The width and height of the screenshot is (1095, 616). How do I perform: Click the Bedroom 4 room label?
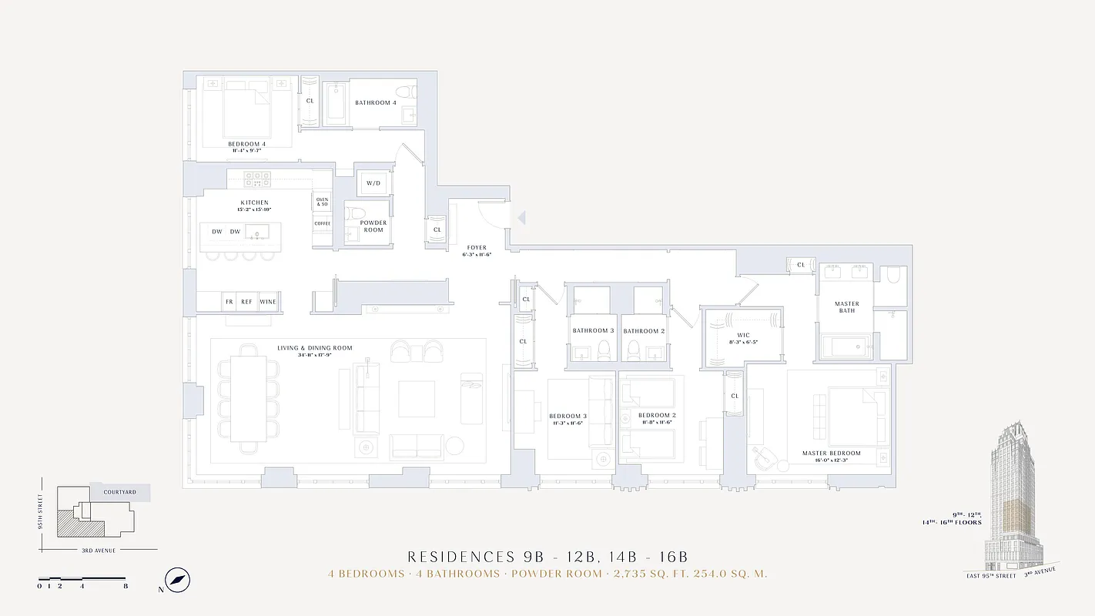pos(247,144)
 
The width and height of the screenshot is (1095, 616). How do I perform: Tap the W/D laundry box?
pos(373,183)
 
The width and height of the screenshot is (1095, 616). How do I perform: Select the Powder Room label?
pos(373,226)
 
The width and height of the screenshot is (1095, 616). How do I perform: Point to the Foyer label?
pos(477,248)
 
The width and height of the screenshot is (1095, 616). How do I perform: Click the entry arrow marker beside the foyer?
pos(521,219)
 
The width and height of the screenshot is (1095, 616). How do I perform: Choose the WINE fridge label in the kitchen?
pos(268,302)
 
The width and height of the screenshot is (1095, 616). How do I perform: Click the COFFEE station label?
pos(322,223)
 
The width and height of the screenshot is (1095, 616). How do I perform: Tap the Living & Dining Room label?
pos(315,348)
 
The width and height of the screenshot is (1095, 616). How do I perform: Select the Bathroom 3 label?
pos(593,331)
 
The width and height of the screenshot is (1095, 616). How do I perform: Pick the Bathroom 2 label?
pos(644,331)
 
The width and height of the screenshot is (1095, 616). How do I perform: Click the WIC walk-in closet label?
pos(743,335)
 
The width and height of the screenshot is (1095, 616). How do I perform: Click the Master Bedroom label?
pos(832,454)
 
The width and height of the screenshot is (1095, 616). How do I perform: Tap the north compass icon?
pos(178,581)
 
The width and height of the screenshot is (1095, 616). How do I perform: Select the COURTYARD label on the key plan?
pos(120,492)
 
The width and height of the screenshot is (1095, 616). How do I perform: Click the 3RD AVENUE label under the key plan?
pos(99,550)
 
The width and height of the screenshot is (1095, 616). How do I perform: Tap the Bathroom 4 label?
pos(376,103)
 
